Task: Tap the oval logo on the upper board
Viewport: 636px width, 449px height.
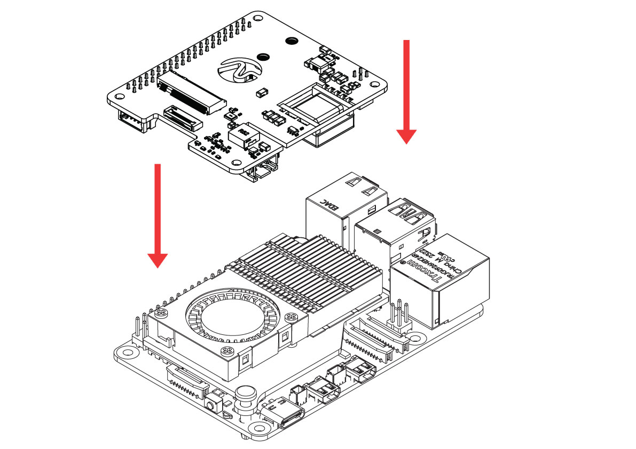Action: click(x=241, y=70)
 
